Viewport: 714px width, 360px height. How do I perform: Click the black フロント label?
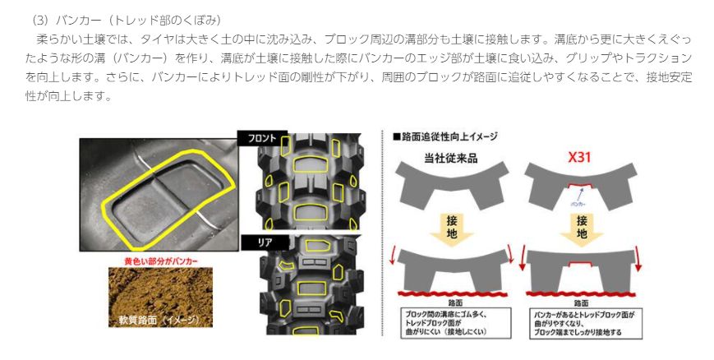[x=257, y=138]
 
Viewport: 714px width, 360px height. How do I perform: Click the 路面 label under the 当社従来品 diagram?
[x=449, y=303]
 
